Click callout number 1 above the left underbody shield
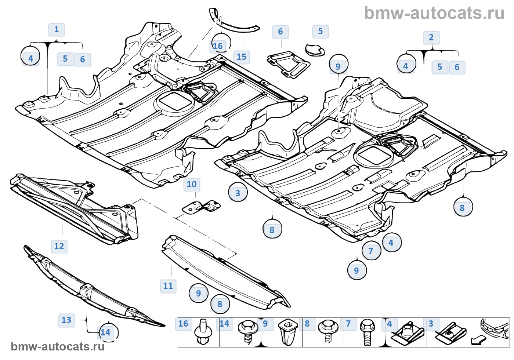(57, 30)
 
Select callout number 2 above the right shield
(431, 38)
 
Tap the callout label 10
(192, 185)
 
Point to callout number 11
(168, 286)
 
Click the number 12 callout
(59, 247)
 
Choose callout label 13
(66, 320)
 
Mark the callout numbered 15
(242, 57)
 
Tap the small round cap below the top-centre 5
(315, 50)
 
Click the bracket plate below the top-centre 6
(289, 64)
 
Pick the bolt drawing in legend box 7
(367, 333)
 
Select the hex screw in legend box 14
(248, 331)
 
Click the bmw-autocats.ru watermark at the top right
(434, 14)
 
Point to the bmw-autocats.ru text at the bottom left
(58, 347)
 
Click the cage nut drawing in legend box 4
(407, 333)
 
